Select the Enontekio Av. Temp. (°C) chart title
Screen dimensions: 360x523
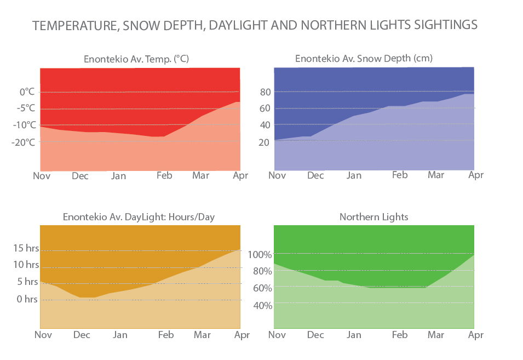[136, 59]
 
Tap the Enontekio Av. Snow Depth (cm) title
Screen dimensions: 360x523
[364, 58]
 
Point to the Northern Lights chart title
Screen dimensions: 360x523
[373, 217]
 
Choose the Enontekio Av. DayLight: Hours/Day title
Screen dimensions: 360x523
[139, 217]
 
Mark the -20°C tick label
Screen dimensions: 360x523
[24, 142]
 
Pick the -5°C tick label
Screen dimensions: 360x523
[26, 108]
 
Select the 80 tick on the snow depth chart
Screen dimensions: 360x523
[266, 92]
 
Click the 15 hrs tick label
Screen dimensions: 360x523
[25, 248]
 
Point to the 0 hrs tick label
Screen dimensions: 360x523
[27, 299]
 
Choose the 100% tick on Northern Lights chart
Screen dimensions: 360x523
[260, 254]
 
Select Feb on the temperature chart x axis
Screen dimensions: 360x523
[164, 175]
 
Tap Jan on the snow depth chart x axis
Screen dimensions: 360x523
[354, 175]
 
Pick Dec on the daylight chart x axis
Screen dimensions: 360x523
[82, 335]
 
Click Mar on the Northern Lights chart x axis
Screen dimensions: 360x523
[436, 335]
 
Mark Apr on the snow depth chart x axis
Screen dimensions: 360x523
[476, 175]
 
